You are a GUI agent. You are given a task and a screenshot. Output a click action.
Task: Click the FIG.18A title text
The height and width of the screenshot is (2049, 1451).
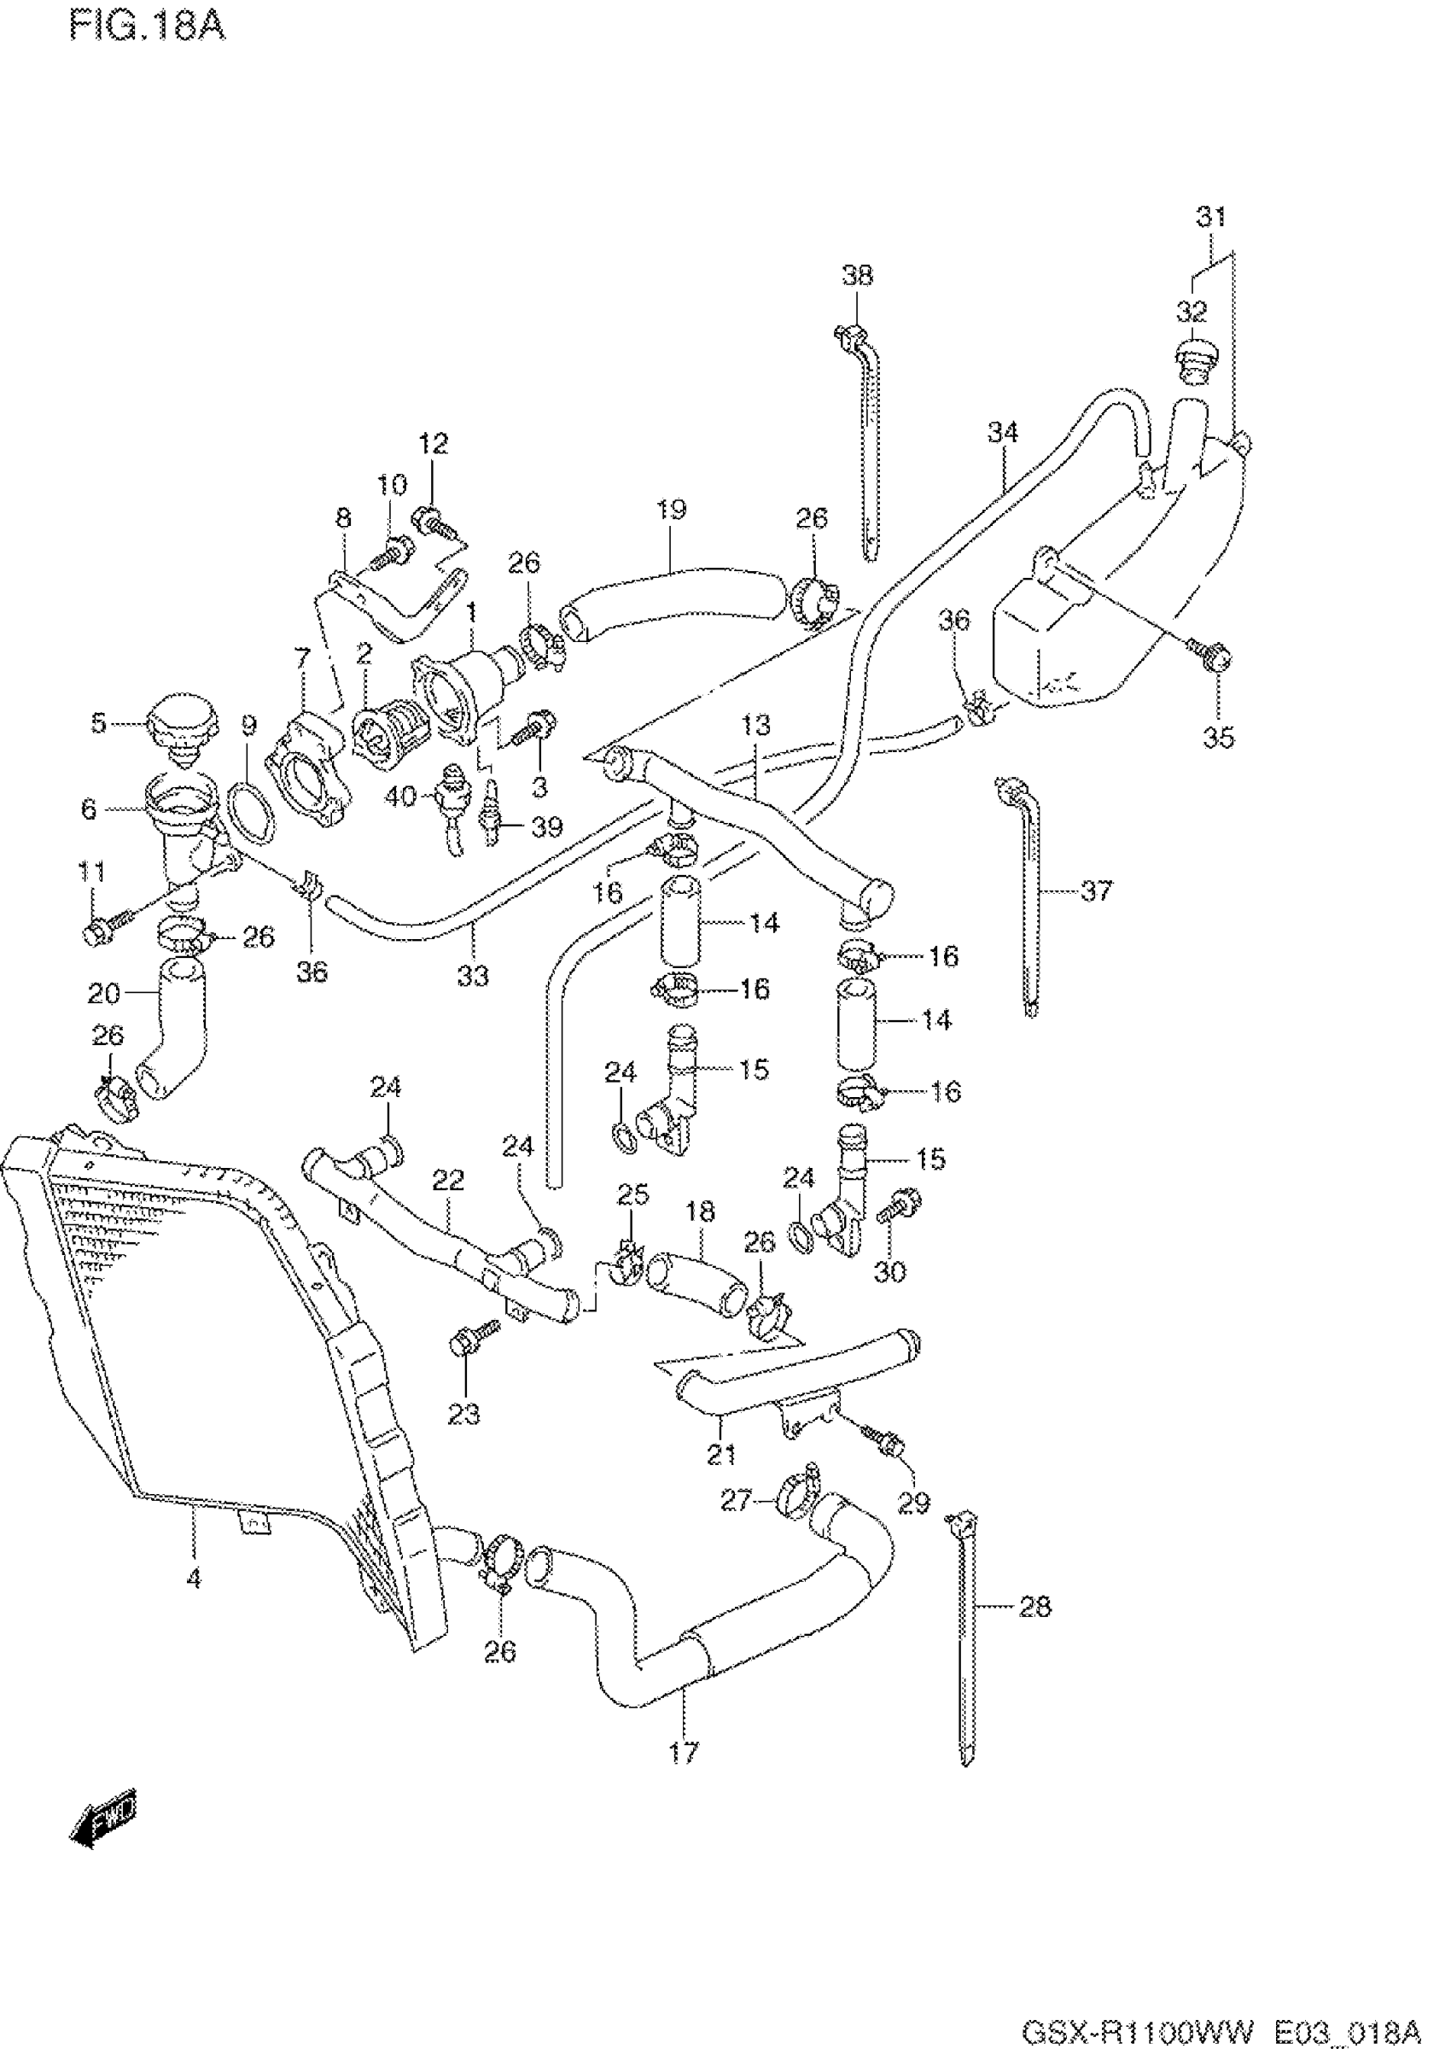[148, 26]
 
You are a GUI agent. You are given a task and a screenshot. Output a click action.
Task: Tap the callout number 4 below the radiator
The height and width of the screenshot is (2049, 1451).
[194, 1578]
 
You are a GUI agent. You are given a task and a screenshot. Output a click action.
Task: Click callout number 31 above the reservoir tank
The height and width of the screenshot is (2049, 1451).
[1211, 217]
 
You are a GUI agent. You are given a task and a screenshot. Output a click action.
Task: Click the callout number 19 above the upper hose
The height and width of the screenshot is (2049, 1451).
[671, 511]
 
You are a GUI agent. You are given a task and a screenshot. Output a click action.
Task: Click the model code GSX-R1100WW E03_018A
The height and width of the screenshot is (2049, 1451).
[1220, 2029]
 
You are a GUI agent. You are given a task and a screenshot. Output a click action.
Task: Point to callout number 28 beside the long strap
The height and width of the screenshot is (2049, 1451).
[1034, 1608]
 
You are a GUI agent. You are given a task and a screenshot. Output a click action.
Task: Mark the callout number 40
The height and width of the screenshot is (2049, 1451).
[400, 794]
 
